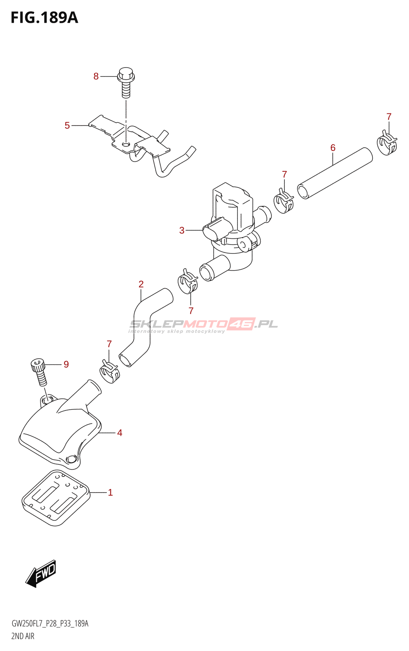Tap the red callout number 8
point(96,76)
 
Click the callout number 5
point(67,125)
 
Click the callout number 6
point(333,148)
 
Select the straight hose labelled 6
point(335,173)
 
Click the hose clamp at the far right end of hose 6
point(387,143)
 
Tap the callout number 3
point(182,230)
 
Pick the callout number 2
point(141,284)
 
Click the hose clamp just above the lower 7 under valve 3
point(188,281)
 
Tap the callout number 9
point(66,364)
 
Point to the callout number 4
point(119,433)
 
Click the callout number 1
point(110,492)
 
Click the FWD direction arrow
point(41,573)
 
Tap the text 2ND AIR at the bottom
point(23,636)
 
